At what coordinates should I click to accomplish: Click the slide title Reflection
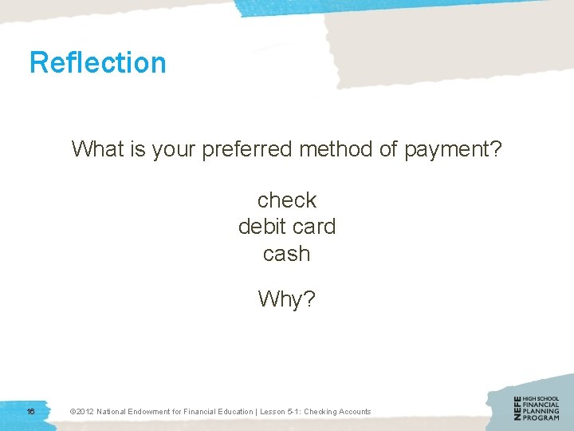(x=98, y=62)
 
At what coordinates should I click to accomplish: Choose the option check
(x=287, y=200)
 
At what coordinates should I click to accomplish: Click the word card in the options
(x=314, y=227)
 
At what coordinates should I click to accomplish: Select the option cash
(x=286, y=254)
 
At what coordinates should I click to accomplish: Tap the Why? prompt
(x=287, y=299)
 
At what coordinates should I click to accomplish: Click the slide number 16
(x=29, y=411)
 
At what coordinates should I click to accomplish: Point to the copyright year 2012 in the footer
(x=85, y=412)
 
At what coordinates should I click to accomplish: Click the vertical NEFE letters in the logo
(x=518, y=408)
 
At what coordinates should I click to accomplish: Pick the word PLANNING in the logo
(x=541, y=411)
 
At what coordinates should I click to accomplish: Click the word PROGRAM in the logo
(x=541, y=417)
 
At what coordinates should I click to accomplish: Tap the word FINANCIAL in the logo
(x=541, y=405)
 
